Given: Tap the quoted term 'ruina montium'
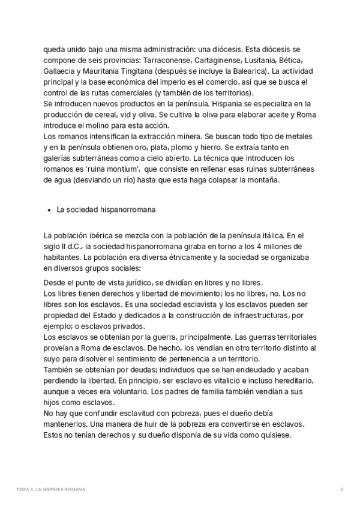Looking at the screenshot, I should pyautogui.click(x=109, y=170).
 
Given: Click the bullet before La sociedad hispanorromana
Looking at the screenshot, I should pyautogui.click(x=47, y=211).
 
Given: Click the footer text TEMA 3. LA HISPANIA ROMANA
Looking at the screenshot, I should pyautogui.click(x=51, y=490).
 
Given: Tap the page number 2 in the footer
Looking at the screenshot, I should pyautogui.click(x=341, y=490).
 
